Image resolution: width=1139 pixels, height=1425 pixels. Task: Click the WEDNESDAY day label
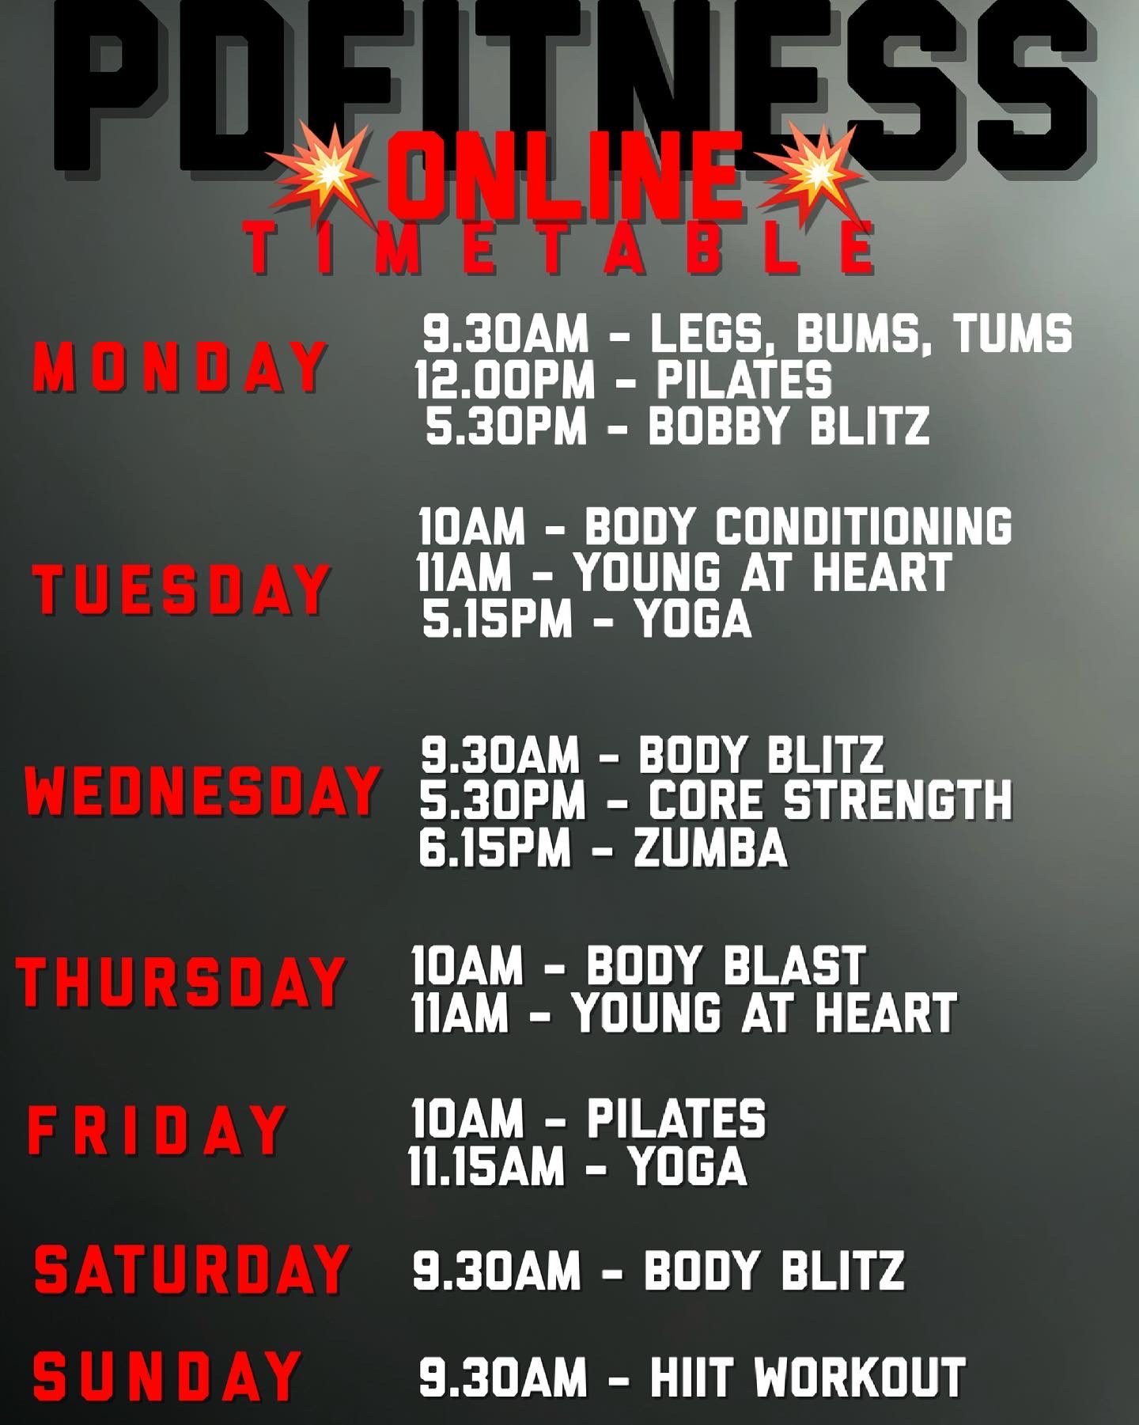(x=201, y=791)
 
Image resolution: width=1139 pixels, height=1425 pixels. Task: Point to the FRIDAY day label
(x=157, y=1130)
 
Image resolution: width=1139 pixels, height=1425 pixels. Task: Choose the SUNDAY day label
(x=165, y=1376)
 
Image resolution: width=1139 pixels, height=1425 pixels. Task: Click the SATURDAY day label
(x=191, y=1269)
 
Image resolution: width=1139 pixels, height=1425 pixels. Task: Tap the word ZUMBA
(x=710, y=848)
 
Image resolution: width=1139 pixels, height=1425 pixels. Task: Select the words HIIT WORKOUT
(x=808, y=1378)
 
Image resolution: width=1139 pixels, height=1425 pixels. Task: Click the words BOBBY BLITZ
(x=789, y=426)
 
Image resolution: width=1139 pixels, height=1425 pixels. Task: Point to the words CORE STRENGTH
(x=831, y=800)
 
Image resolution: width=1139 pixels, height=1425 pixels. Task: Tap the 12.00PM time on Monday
(x=505, y=379)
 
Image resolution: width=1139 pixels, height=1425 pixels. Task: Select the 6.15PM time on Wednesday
(x=494, y=848)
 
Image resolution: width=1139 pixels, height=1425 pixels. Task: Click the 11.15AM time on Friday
(x=486, y=1166)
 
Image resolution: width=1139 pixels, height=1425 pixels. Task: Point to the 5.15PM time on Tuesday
(x=497, y=619)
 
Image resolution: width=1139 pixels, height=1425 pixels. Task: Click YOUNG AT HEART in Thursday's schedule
(x=765, y=1013)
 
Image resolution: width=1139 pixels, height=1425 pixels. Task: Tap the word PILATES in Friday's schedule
(x=676, y=1118)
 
